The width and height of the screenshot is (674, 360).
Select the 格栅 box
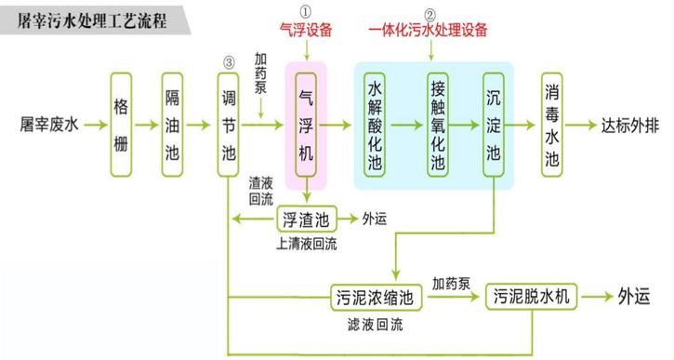tap(120, 123)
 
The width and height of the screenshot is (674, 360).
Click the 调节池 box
tap(229, 123)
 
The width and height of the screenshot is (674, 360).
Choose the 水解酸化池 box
tap(376, 123)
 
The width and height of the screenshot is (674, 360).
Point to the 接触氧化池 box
tap(438, 123)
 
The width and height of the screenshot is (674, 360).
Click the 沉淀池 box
tap(494, 123)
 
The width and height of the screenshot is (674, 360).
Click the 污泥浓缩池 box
tap(371, 297)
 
